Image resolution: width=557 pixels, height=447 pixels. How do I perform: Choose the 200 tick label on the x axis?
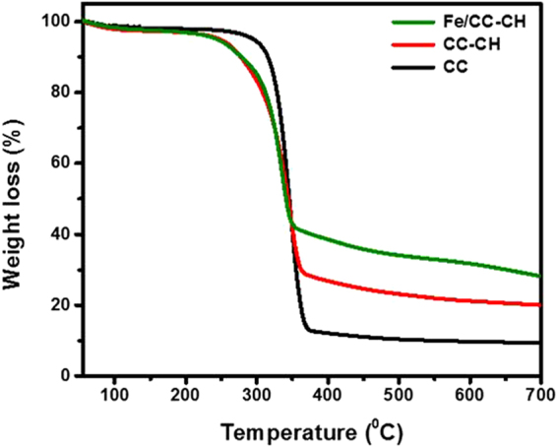tap(185, 395)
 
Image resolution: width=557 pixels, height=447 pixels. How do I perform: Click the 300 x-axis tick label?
tap(256, 395)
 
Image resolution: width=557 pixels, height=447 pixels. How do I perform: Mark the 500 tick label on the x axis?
tap(399, 395)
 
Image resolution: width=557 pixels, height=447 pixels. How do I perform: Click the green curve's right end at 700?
tap(539, 276)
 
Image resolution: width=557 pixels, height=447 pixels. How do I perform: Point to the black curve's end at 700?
tap(539, 343)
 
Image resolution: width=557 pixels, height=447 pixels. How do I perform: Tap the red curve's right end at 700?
tap(539, 305)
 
